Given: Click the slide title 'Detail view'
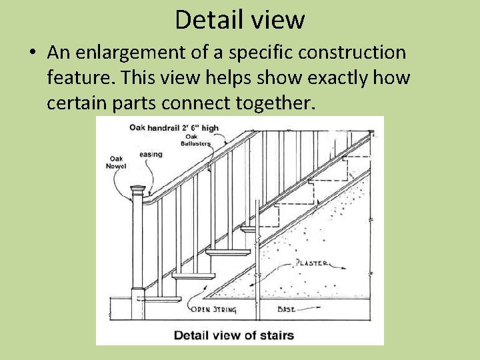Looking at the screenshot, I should point(239,19).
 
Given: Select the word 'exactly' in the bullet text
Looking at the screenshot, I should point(319,78).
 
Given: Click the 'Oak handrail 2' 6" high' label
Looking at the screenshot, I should point(173,127).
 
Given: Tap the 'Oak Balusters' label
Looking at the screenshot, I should point(195,140).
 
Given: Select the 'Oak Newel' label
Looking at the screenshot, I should point(116,162).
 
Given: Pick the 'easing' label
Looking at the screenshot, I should point(151,155).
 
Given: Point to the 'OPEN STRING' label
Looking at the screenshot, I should point(211,309).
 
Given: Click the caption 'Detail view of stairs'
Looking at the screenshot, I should point(234,335).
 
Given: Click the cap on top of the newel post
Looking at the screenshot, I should point(138,190).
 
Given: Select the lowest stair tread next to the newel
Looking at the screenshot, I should point(193,275).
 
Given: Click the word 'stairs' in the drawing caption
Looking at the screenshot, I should point(279,335).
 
